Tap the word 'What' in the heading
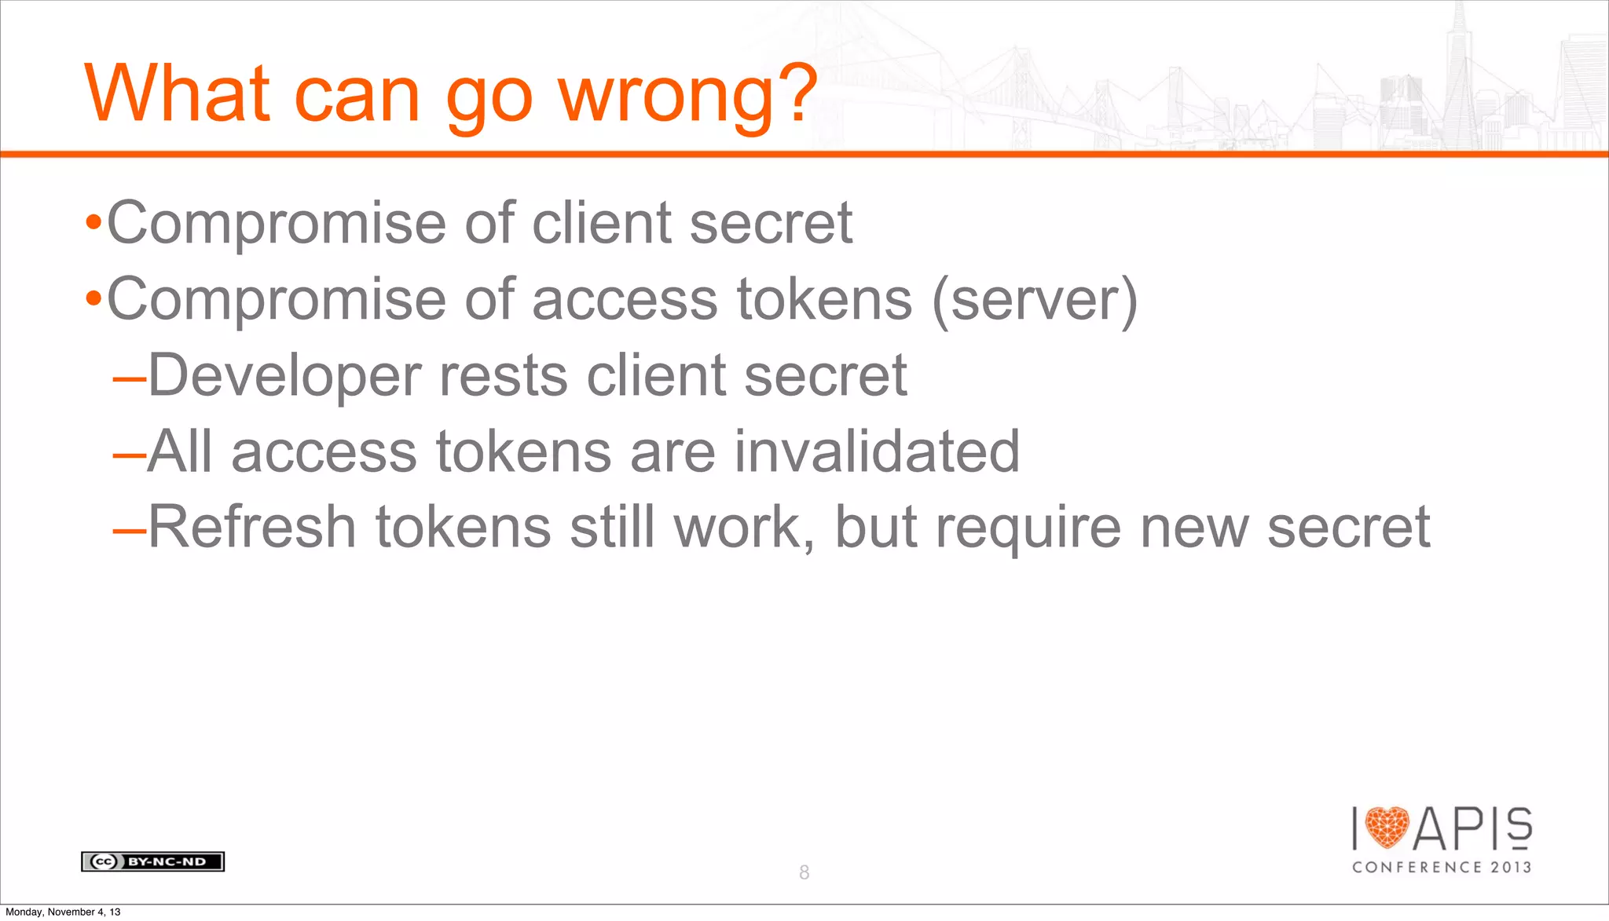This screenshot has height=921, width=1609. (178, 94)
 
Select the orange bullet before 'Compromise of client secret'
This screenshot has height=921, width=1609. (93, 224)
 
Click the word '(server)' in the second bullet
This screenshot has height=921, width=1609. (1035, 300)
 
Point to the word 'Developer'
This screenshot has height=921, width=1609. (284, 375)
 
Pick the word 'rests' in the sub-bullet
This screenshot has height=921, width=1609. (504, 375)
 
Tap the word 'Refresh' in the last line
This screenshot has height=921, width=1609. (252, 527)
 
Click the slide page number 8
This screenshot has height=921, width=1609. (804, 872)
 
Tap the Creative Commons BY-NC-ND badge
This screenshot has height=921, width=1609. (152, 861)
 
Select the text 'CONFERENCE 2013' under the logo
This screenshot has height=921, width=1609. (1442, 868)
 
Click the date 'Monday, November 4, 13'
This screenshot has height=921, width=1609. (63, 912)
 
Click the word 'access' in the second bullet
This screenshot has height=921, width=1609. (625, 300)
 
